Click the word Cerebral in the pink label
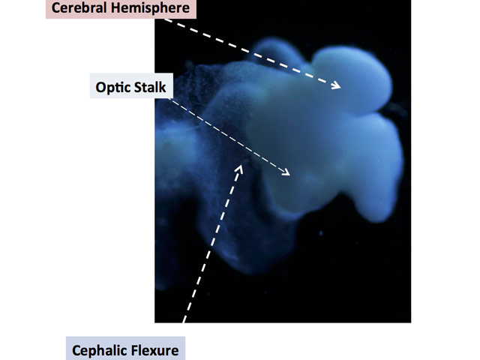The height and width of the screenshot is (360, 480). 79,8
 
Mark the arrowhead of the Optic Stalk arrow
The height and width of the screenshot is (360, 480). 288,175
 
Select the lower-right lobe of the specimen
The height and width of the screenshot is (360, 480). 375,172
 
